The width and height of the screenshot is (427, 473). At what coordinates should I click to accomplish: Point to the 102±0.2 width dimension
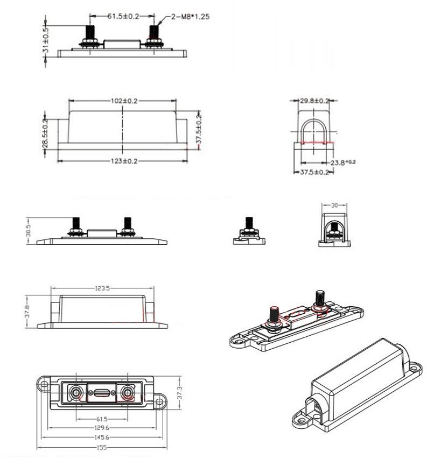coord(123,100)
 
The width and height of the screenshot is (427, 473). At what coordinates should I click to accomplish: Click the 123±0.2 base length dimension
coord(123,161)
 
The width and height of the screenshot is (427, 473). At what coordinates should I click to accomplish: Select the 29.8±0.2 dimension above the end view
coord(315,101)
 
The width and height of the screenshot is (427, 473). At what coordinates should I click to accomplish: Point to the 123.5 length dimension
coord(102,288)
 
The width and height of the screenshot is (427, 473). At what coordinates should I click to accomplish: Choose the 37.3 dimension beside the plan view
coord(180,394)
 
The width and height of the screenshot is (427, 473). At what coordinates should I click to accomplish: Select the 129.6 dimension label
coord(102,428)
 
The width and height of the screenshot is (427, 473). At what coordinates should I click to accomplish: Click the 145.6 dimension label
coord(102,438)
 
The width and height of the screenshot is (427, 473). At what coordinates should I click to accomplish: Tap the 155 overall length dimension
coord(102,448)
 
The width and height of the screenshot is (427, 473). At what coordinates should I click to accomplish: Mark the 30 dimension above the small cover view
coord(334,205)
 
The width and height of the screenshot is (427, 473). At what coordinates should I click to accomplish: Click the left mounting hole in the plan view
coord(43,384)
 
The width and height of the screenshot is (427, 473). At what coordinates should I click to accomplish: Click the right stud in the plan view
coord(128,394)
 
